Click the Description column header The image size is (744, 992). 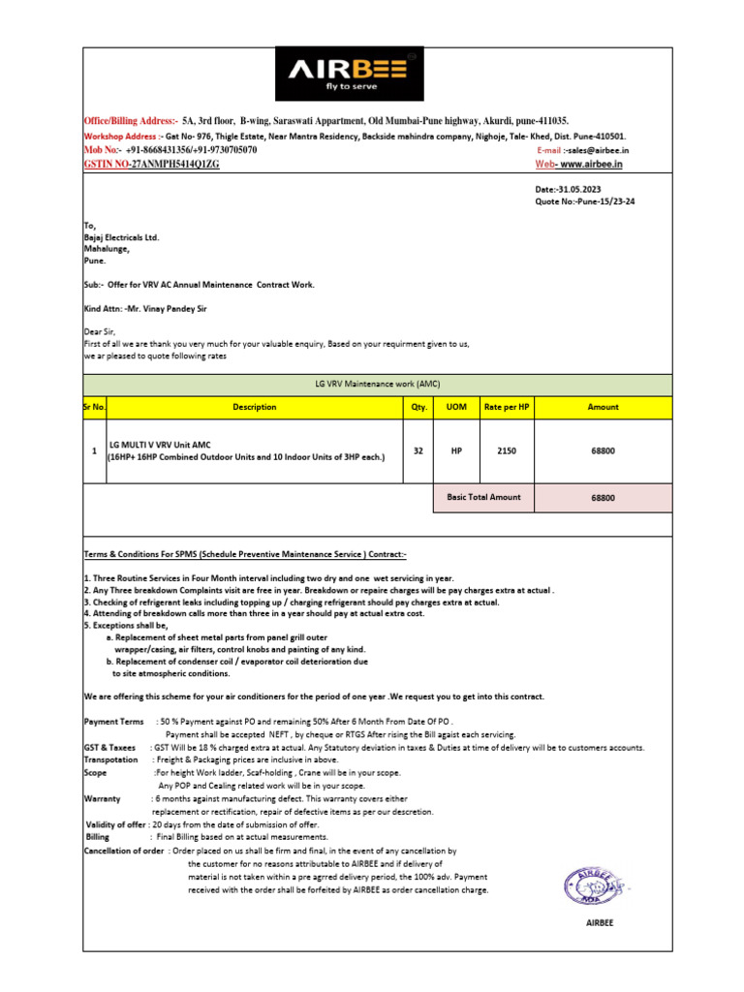pyautogui.click(x=254, y=408)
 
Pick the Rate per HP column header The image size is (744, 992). pyautogui.click(x=505, y=408)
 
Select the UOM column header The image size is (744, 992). pyautogui.click(x=455, y=408)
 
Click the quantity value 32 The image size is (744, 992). pyautogui.click(x=418, y=451)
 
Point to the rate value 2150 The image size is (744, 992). pyautogui.click(x=505, y=451)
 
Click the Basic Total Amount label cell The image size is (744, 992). pyautogui.click(x=483, y=497)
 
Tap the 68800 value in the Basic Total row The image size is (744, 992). pyautogui.click(x=603, y=498)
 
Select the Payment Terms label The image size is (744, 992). pyautogui.click(x=113, y=723)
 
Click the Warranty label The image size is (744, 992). pyautogui.click(x=102, y=798)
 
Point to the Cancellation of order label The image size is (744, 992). pyautogui.click(x=125, y=850)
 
